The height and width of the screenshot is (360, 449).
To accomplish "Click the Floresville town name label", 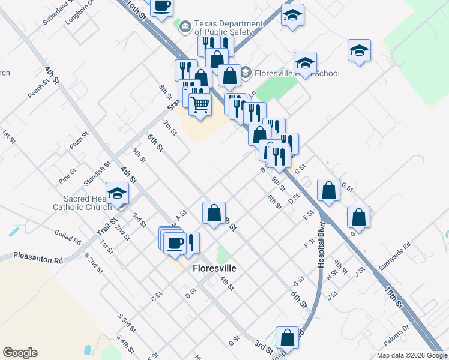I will (x=214, y=269).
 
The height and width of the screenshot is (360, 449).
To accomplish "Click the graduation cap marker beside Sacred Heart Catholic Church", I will (x=117, y=193).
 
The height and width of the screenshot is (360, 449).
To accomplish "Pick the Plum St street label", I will (x=79, y=140).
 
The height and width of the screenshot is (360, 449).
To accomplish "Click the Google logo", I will (x=20, y=353).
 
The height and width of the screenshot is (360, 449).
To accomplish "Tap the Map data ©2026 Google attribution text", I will (x=411, y=355).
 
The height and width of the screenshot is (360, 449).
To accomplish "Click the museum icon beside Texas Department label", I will (x=185, y=26).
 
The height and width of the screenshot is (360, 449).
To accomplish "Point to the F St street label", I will (x=310, y=242).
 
